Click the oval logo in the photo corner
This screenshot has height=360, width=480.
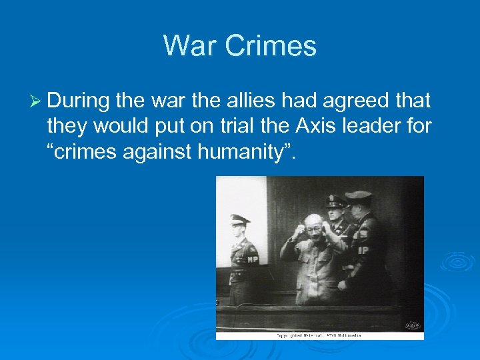point(413,325)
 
